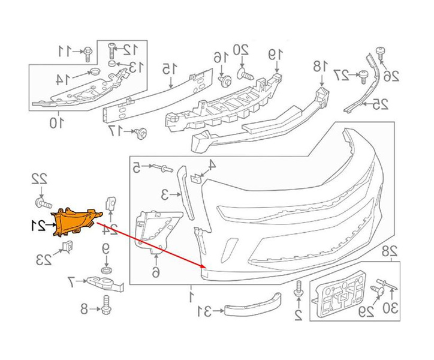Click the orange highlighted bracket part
77,221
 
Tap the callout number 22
39,179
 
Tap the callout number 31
204,311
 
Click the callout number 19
275,55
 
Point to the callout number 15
168,70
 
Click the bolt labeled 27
363,75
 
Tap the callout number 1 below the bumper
191,296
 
